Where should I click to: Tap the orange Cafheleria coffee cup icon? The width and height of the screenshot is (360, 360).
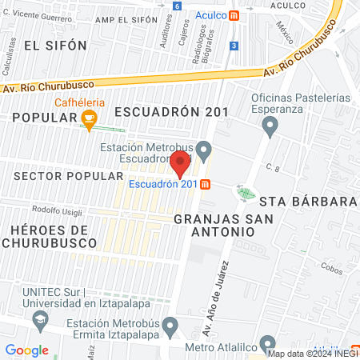89,121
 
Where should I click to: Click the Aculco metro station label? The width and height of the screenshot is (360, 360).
210,15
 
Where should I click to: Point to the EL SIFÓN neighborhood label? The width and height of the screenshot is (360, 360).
55,46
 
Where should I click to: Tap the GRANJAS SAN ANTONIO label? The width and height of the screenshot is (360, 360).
214,224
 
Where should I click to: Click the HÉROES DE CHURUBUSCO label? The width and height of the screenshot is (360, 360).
54,237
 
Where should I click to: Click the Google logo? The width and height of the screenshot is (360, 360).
26,350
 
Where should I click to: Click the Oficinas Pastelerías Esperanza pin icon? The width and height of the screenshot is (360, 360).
270,124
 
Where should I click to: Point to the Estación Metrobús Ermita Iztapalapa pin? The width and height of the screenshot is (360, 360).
170,326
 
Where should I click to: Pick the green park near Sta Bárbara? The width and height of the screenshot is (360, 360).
245,192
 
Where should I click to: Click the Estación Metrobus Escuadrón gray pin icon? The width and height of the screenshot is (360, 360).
204,150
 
